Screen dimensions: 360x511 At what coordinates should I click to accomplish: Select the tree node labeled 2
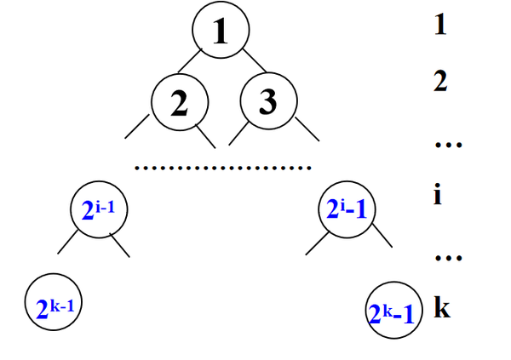[180, 102]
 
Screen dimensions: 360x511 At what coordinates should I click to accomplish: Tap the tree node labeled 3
[267, 102]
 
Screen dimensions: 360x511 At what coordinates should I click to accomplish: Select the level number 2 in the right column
[439, 83]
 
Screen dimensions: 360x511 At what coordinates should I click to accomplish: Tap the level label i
[438, 197]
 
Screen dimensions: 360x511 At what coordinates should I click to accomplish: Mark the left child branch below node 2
[136, 128]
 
